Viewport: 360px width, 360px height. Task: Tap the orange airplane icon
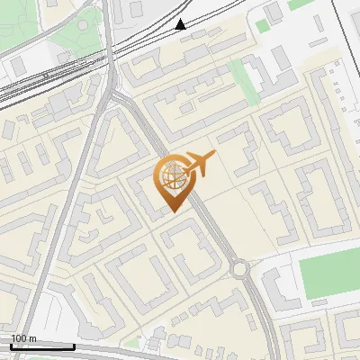(200, 163)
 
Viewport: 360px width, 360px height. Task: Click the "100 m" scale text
(23, 338)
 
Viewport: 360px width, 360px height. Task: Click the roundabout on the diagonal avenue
(238, 267)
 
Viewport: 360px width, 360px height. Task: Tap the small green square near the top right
(262, 26)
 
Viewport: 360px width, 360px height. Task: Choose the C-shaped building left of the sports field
(275, 288)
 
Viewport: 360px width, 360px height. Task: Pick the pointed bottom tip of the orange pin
(173, 211)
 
